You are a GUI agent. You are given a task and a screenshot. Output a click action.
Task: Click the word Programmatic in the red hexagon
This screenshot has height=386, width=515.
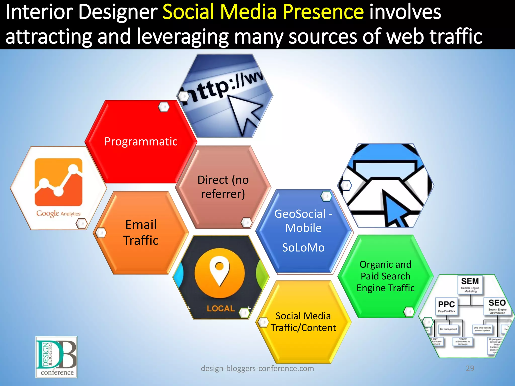pos(141,141)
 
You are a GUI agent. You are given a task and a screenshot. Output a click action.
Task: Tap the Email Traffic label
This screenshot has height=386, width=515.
pos(141,232)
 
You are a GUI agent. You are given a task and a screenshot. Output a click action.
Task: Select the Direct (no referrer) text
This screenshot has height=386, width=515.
pos(223,187)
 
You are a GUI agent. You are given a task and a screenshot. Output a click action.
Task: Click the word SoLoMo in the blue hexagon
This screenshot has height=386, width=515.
pos(303,248)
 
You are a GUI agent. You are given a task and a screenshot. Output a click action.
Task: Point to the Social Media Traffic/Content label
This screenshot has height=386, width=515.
pos(303,322)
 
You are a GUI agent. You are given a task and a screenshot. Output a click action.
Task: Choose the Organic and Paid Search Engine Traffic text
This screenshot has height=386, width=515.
pos(385,276)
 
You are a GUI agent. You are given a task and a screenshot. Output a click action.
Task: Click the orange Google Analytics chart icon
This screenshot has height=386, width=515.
pos(58,182)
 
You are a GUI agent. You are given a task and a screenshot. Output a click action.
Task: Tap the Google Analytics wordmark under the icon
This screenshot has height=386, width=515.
pos(58,214)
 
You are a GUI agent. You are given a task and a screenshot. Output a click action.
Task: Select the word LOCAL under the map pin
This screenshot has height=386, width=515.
pos(221,308)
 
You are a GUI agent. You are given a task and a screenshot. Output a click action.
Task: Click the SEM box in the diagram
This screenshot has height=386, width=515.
pos(470,284)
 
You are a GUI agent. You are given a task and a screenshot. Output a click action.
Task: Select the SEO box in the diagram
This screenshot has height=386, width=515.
pos(497,306)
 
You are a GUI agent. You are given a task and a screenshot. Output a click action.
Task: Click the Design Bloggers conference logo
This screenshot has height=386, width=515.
pos(56,357)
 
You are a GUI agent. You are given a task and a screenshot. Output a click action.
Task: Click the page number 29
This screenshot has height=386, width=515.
pos(470,368)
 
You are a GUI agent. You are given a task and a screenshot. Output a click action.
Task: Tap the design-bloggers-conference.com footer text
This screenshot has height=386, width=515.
pos(257,368)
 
